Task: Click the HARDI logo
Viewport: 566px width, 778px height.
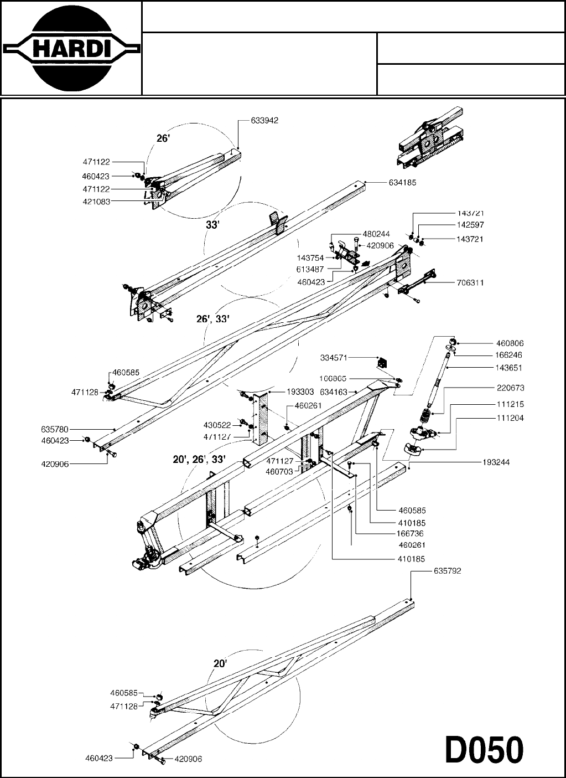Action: [x=71, y=48]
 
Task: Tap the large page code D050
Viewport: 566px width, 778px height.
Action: [x=484, y=751]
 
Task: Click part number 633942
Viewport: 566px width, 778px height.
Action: [x=264, y=120]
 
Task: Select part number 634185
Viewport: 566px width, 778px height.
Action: [x=402, y=182]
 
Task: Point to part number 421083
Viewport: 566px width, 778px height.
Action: [x=97, y=202]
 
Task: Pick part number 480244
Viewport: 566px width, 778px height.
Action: [x=376, y=234]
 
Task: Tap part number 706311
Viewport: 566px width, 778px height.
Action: [x=470, y=282]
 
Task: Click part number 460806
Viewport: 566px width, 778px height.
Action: [x=510, y=343]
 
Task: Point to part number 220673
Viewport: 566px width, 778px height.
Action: [x=510, y=388]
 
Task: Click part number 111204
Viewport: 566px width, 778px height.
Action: [x=510, y=418]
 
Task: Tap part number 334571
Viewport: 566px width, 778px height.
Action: [x=334, y=358]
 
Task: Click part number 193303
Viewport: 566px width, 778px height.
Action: [x=300, y=391]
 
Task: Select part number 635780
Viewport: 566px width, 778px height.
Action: [x=54, y=429]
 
